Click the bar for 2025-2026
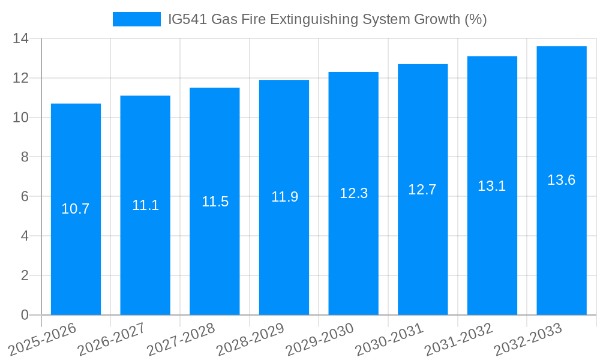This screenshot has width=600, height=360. click(76, 209)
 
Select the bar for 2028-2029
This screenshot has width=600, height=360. click(284, 197)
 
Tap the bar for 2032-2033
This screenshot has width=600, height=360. click(562, 181)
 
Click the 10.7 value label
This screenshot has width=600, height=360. click(76, 209)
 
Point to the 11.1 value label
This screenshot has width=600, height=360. click(145, 205)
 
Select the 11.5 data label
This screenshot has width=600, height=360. click(215, 202)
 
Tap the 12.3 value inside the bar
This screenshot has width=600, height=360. click(353, 193)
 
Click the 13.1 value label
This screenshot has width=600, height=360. click(492, 186)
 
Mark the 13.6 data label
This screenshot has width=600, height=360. click(562, 180)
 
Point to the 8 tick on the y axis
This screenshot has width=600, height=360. click(25, 157)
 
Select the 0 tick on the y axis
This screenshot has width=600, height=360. click(25, 315)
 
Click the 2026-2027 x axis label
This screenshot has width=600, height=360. click(111, 340)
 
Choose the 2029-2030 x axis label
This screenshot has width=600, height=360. click(319, 340)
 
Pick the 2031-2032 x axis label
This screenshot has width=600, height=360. click(458, 340)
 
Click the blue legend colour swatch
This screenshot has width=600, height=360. click(137, 19)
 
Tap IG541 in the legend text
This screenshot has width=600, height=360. click(186, 19)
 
